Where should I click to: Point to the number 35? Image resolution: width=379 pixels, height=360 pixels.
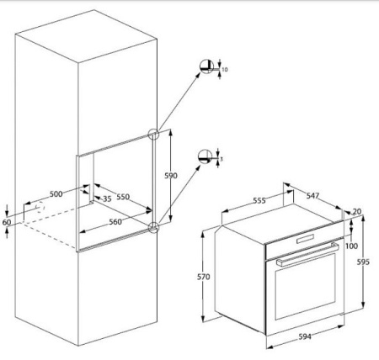point(107,199)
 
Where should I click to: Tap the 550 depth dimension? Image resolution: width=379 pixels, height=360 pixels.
point(123,196)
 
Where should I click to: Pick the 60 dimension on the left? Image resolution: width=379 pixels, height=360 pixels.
point(8,221)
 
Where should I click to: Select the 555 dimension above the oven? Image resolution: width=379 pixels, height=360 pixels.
point(259,201)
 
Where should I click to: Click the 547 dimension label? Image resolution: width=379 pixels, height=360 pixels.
point(312,194)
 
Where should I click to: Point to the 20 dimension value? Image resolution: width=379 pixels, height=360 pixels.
point(357,211)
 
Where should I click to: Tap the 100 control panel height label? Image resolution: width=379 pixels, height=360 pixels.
point(351,246)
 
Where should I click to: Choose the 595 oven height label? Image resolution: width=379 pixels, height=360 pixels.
point(363,262)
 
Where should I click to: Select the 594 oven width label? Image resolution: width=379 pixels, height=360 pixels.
point(303,337)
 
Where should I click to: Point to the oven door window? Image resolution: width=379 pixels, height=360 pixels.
point(303,290)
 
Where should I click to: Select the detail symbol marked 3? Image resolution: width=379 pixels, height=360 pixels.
point(203,156)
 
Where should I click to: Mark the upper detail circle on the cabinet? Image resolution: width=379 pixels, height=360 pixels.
point(154,134)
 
